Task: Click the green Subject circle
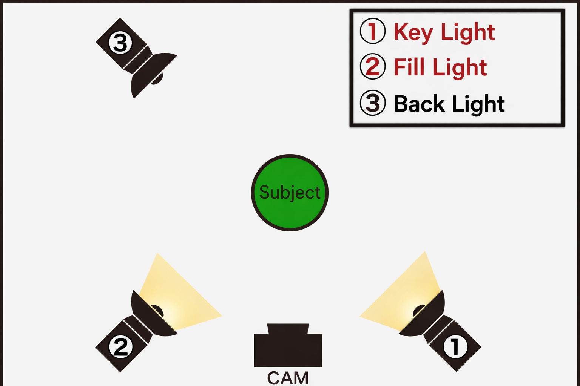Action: pos(290,193)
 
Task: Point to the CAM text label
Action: pos(288,378)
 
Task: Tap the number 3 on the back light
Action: pos(120,43)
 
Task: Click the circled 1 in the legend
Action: pos(373,31)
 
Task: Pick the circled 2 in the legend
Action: pos(373,66)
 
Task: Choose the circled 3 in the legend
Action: pos(373,103)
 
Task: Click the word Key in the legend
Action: pos(413,32)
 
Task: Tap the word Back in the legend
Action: pos(419,104)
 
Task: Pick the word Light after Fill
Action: pos(460,68)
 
